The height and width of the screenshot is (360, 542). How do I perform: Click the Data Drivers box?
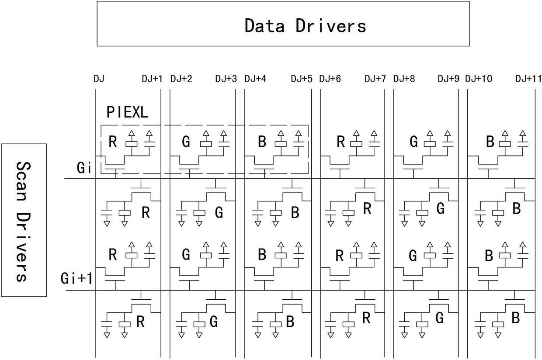click(x=283, y=24)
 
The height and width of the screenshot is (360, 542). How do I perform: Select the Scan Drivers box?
click(x=24, y=220)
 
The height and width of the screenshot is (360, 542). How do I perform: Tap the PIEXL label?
click(x=127, y=112)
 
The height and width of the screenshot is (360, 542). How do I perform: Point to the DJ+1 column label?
click(x=152, y=79)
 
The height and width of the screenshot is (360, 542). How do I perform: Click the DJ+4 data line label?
click(x=255, y=79)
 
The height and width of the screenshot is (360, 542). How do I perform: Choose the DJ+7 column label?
click(x=375, y=79)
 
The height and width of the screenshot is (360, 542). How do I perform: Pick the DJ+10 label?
click(x=479, y=79)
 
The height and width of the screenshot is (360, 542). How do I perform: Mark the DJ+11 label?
click(x=528, y=79)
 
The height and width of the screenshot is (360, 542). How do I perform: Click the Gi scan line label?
click(x=83, y=167)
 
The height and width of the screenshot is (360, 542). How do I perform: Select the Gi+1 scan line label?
click(x=77, y=278)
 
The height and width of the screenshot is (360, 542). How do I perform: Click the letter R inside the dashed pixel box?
click(x=112, y=142)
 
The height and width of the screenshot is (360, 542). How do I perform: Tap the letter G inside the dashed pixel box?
click(x=186, y=142)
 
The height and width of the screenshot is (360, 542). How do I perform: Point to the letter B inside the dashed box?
click(x=262, y=142)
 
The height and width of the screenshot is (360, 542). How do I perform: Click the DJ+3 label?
click(x=226, y=79)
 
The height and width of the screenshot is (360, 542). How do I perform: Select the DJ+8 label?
click(x=404, y=79)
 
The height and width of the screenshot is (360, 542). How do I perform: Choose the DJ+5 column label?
click(x=302, y=79)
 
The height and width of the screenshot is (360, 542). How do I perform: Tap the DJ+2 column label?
click(x=181, y=79)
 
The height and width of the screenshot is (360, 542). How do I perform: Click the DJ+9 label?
click(x=448, y=79)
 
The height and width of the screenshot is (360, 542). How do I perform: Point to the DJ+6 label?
click(x=330, y=79)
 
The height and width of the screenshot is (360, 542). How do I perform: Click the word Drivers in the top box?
click(x=331, y=26)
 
